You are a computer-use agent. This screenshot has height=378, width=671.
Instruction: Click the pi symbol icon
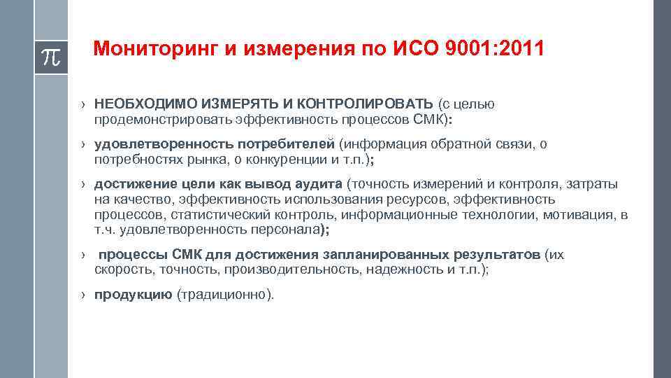(50, 55)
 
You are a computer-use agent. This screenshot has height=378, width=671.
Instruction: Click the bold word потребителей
(285, 144)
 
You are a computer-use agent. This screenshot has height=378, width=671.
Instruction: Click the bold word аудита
(319, 184)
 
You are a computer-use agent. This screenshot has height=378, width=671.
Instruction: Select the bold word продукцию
(134, 295)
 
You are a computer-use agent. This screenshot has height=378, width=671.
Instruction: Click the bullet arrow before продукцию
(82, 295)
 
